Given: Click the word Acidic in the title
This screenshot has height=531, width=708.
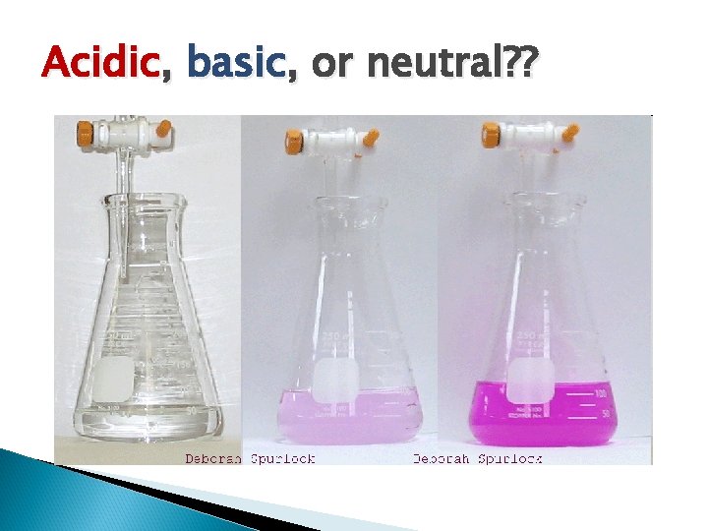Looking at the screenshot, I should click(100, 65).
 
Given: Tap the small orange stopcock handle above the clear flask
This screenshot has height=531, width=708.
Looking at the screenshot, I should click(164, 128).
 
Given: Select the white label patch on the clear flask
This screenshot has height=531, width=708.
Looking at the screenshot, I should click(114, 376).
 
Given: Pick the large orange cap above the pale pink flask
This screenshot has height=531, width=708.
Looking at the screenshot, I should click(294, 140).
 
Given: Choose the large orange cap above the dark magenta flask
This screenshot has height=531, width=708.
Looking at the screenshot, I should click(489, 134).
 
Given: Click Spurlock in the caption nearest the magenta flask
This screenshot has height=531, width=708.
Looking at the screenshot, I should click(510, 458).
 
